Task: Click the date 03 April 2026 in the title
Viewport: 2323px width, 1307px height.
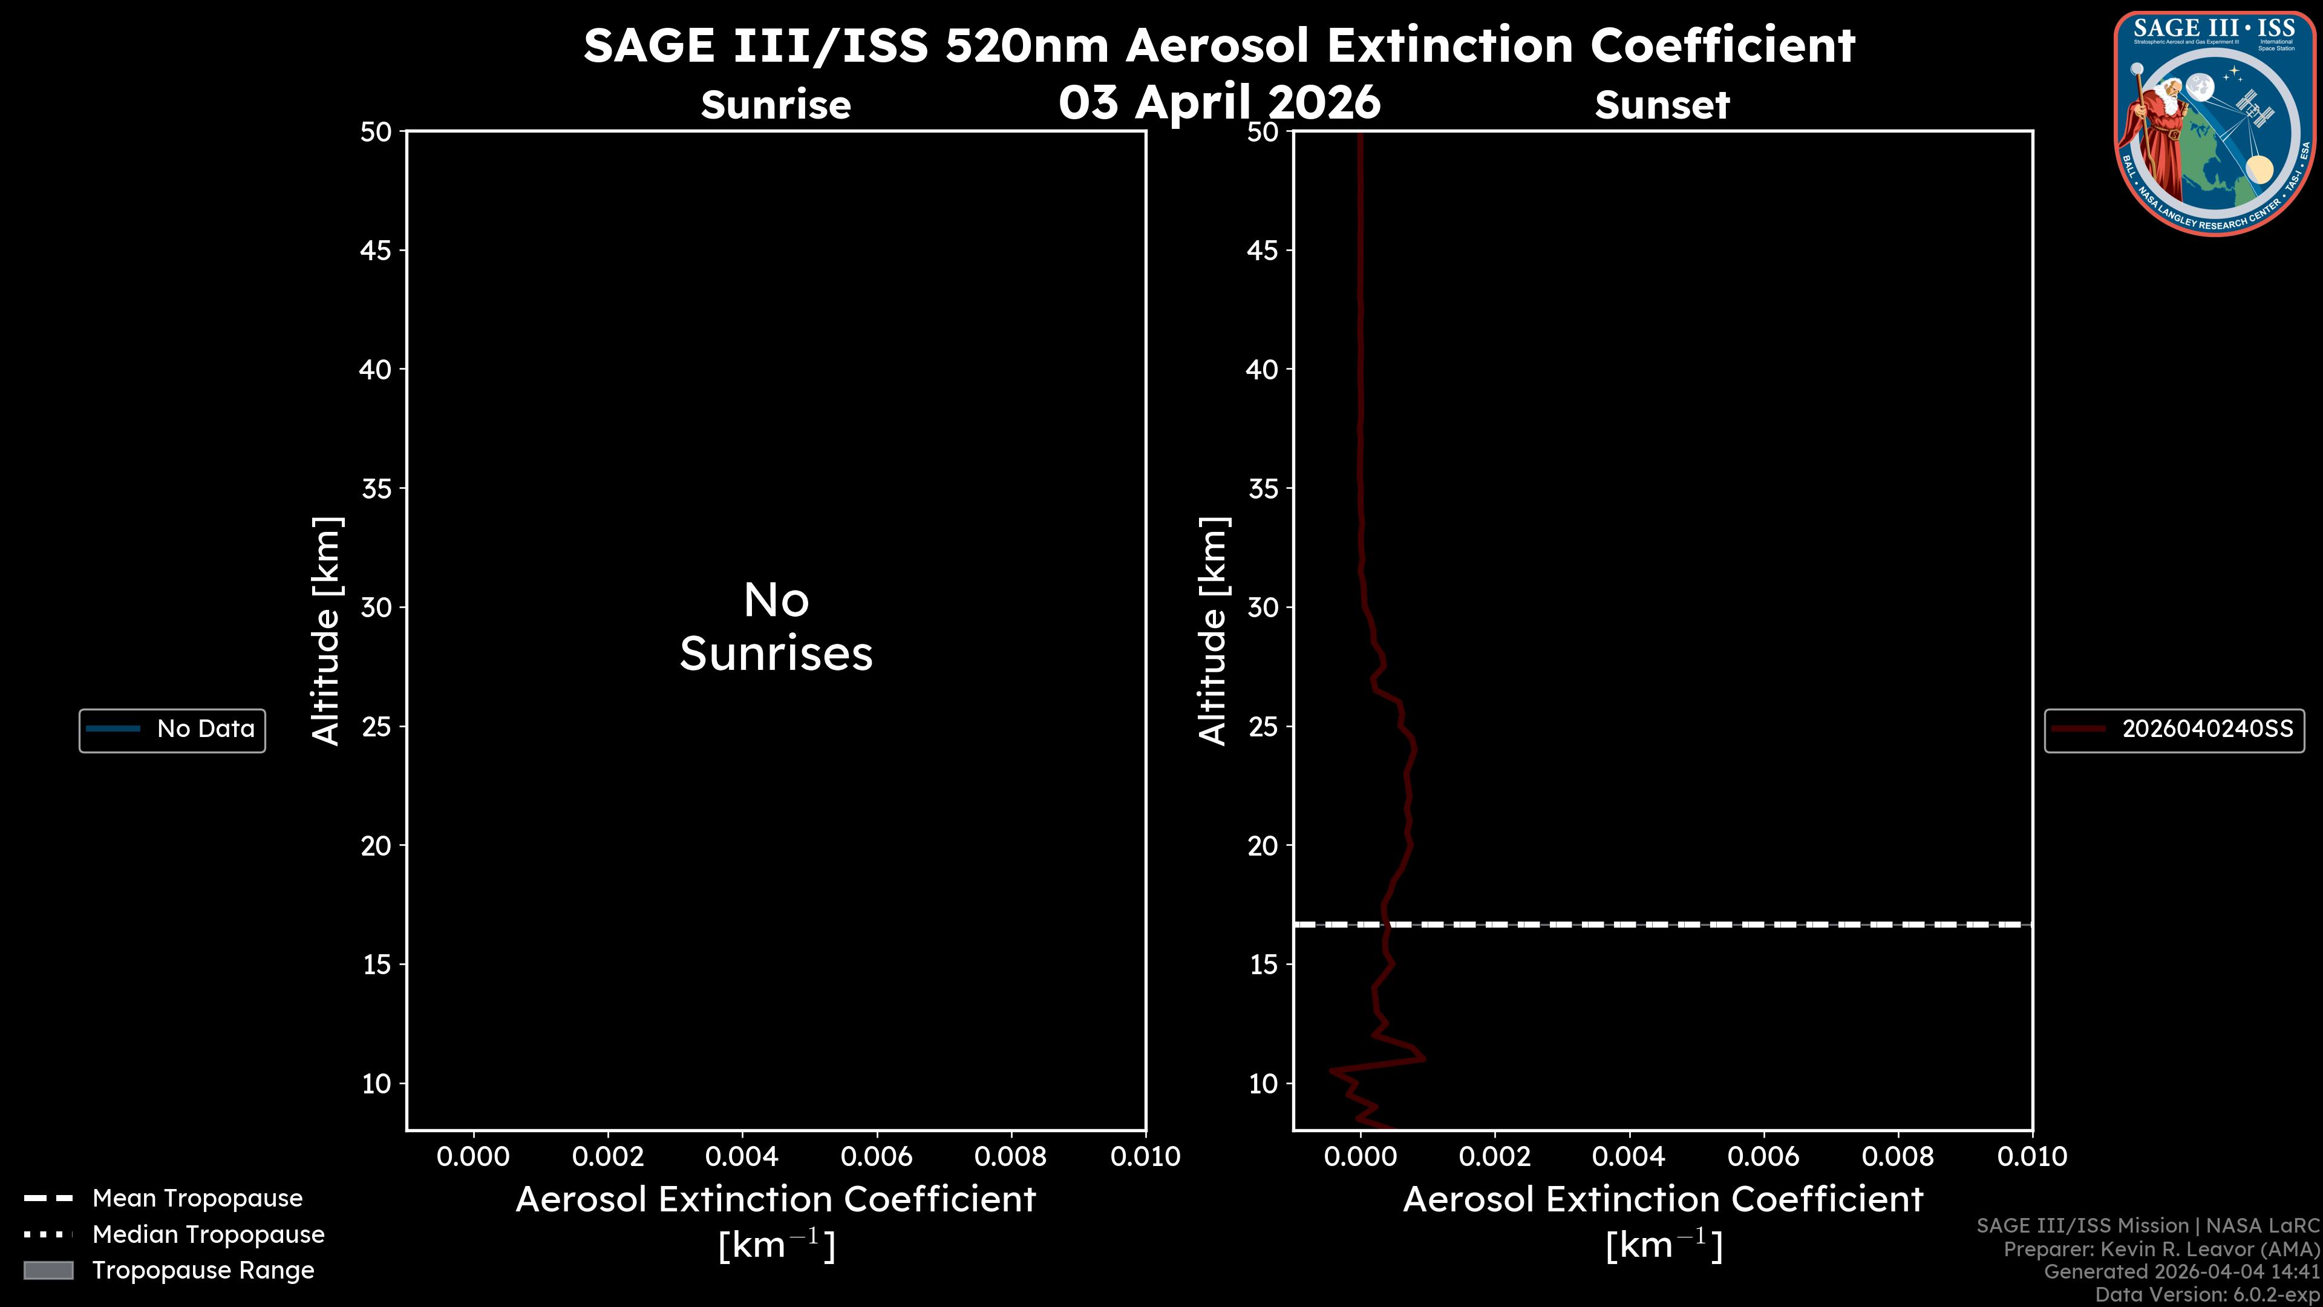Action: click(x=1219, y=102)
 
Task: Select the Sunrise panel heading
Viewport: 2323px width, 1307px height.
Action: click(x=776, y=105)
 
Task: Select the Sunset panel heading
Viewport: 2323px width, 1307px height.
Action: click(x=1662, y=105)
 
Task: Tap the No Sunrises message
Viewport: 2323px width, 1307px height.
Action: click(x=776, y=627)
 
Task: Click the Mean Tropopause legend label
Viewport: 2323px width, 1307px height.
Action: click(x=197, y=1198)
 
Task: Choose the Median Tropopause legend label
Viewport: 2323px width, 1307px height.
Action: click(x=208, y=1234)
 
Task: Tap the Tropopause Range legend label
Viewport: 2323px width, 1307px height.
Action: click(x=203, y=1270)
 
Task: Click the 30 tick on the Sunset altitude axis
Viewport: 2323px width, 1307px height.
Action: click(x=1263, y=607)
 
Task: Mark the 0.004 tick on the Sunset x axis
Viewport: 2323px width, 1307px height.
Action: click(x=1629, y=1156)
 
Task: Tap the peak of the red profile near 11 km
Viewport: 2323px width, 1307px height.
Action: click(x=1423, y=1057)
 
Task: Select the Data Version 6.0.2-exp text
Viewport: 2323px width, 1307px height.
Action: click(x=2207, y=1294)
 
